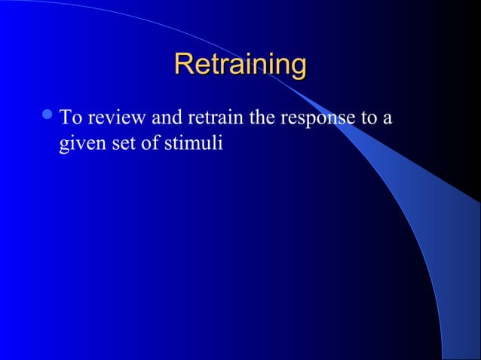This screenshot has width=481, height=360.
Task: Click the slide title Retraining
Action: [x=240, y=65]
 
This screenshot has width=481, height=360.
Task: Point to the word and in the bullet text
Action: [x=170, y=118]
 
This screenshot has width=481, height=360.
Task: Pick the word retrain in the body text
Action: [x=219, y=118]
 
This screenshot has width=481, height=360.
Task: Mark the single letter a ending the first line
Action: [x=388, y=120]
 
